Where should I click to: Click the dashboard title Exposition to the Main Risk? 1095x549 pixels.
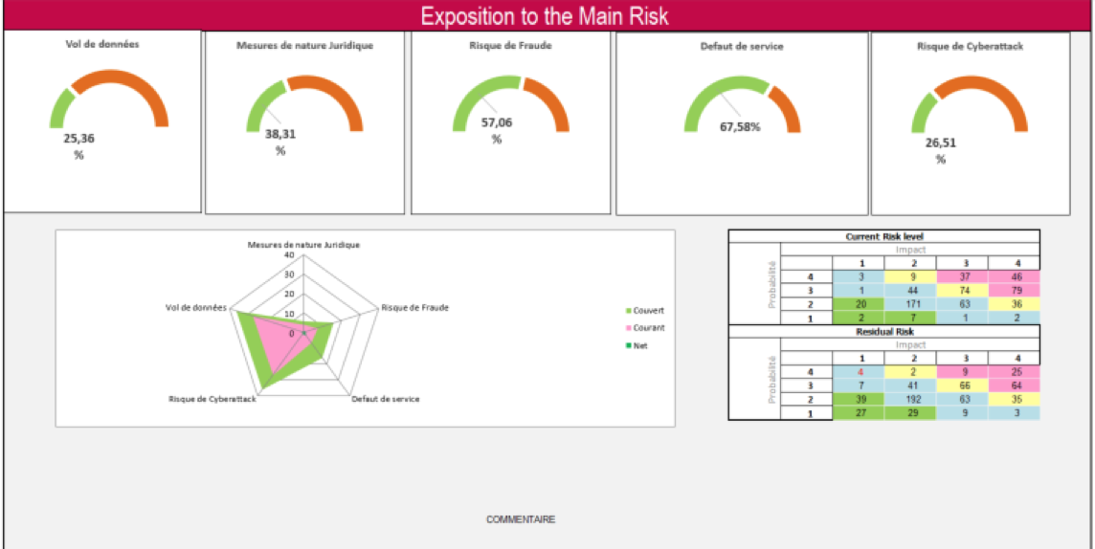click(x=545, y=16)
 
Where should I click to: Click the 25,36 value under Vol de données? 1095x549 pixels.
click(x=78, y=139)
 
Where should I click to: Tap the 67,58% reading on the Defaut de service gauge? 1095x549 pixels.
click(x=740, y=126)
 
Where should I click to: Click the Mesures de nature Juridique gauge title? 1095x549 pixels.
click(x=304, y=45)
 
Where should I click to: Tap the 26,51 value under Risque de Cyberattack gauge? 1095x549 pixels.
click(x=940, y=143)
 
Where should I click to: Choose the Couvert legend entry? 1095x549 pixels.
click(x=648, y=311)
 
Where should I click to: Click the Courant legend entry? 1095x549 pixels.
click(x=648, y=328)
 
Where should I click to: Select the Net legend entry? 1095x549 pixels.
click(x=640, y=345)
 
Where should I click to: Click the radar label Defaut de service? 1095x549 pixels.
click(x=385, y=399)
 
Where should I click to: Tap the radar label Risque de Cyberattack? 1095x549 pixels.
click(x=212, y=399)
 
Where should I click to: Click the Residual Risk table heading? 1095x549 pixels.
click(x=883, y=332)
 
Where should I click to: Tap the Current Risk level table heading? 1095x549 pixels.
click(x=883, y=236)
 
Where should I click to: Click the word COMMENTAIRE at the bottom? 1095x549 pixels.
click(x=521, y=520)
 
